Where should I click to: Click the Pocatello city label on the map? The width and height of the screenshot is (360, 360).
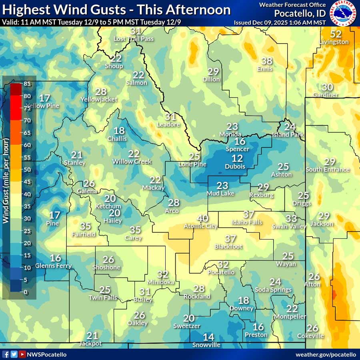click(x=221, y=272)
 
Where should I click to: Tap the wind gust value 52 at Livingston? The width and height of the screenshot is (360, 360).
click(x=336, y=34)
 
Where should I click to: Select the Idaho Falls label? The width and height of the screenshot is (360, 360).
click(x=247, y=222)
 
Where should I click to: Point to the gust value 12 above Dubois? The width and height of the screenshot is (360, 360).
click(x=237, y=158)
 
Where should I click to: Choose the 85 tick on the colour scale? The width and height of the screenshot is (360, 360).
click(x=28, y=84)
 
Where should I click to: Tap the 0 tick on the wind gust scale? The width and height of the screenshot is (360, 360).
click(x=26, y=292)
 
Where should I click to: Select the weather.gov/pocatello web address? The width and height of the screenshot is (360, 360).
click(x=326, y=354)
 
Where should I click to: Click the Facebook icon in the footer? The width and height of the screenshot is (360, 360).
click(x=6, y=354)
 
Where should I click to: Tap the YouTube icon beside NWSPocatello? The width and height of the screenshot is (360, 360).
click(x=22, y=354)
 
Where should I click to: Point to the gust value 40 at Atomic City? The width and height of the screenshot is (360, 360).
click(x=202, y=218)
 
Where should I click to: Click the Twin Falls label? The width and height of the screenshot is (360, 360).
click(x=103, y=298)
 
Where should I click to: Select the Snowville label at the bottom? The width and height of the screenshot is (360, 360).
click(x=206, y=345)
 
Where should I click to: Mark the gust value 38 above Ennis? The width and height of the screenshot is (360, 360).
click(x=266, y=61)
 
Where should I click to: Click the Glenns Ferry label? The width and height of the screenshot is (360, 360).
click(x=53, y=266)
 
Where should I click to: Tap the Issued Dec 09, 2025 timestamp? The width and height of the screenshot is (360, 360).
click(x=280, y=22)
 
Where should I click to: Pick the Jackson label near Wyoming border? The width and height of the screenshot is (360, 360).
click(x=322, y=224)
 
